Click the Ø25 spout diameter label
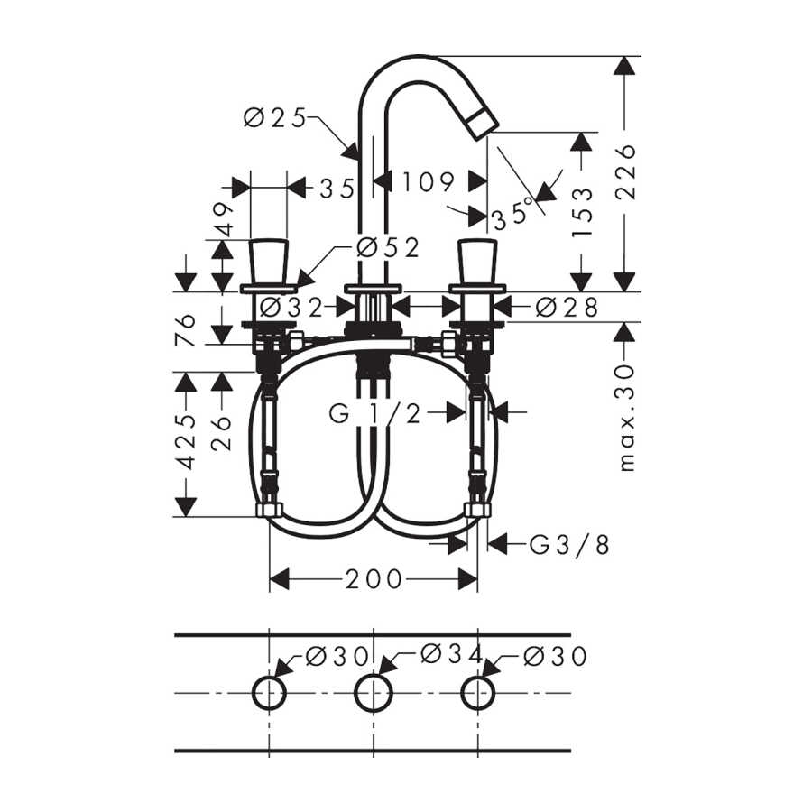pos(275,118)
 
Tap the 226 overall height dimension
pos(625,172)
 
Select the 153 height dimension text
pos(582,212)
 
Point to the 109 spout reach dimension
pos(428,181)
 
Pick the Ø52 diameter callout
pos(388,248)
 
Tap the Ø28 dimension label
pos(567,307)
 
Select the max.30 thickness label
pos(626,418)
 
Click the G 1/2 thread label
pos(375,413)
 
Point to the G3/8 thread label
pos(569,545)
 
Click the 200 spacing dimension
pos(374,579)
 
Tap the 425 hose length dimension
pos(187,442)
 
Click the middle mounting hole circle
pos(373,675)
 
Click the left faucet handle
pos(269,262)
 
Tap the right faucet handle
pos(477,262)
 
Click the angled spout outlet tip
pos(482,121)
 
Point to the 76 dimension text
pos(185,330)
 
